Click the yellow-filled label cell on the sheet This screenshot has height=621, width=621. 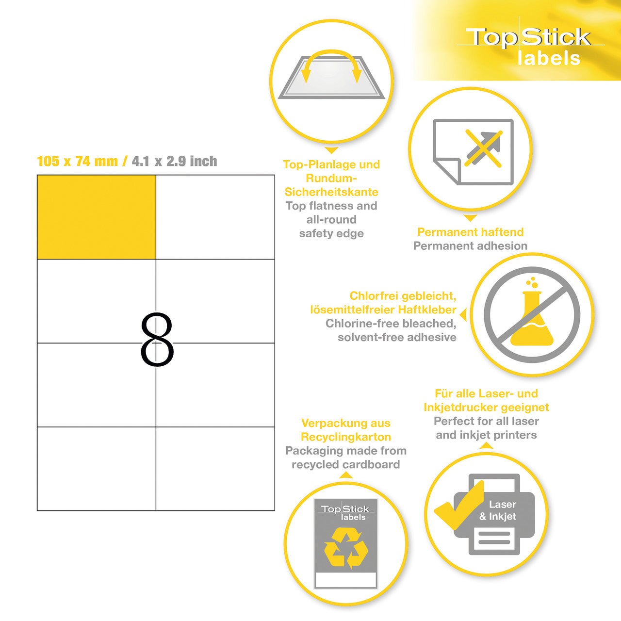point(97,217)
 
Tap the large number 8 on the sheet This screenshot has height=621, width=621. point(157,339)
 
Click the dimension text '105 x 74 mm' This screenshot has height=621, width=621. point(78,161)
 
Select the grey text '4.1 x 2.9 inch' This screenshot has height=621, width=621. point(174,161)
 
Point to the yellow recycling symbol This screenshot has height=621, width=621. point(346,548)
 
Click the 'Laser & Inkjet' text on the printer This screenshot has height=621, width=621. point(498,510)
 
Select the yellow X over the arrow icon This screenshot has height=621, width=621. point(483,148)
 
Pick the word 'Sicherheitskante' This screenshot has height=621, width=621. point(331,192)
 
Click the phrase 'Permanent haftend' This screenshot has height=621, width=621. point(470,232)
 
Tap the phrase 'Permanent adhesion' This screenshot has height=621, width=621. point(470,246)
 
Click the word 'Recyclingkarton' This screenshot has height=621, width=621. point(346,437)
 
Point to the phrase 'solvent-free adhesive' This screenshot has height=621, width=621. point(397,337)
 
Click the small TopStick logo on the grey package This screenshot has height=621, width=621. point(345,512)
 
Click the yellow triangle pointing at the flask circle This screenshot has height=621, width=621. point(463,315)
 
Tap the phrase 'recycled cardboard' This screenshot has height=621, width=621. point(346,464)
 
